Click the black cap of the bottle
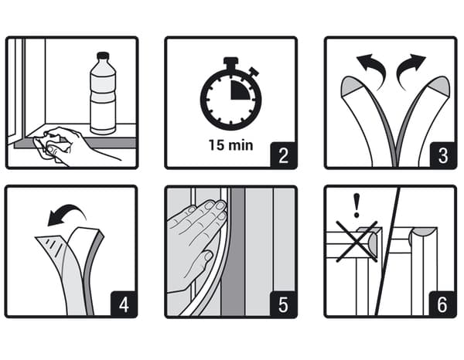coord(103,56)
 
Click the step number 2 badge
coord(284,155)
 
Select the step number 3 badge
coord(443,155)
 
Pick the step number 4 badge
coord(124,304)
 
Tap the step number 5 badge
coord(284,304)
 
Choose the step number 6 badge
coord(442,304)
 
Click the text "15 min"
coord(230,145)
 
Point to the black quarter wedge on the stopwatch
coord(240,90)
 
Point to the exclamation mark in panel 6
coord(357,205)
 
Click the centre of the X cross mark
coord(357,242)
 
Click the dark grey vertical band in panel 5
coord(234,252)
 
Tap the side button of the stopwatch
coord(254,71)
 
